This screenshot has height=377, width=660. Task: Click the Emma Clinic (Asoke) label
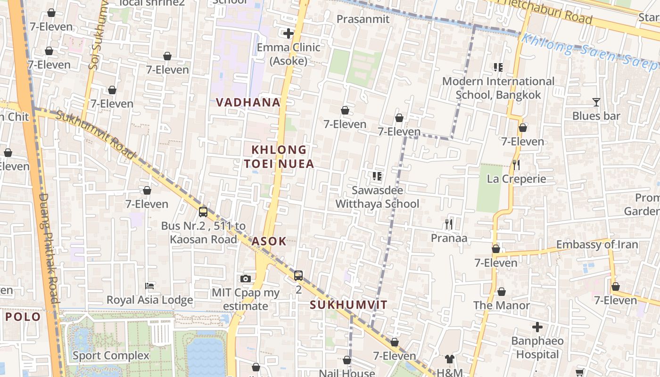288,54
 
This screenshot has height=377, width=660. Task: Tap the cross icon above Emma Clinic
288,33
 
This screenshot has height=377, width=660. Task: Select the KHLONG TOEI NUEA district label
279,157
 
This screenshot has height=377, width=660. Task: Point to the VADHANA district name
248,102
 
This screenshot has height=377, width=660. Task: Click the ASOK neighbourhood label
269,241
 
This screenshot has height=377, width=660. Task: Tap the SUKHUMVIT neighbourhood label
348,305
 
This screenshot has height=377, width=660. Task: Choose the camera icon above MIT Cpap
245,279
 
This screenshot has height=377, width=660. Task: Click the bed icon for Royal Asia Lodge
149,286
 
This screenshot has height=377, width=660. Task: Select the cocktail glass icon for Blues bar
596,102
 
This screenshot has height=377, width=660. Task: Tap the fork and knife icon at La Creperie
516,165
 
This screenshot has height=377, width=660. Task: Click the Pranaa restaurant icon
449,224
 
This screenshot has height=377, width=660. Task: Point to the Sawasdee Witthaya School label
377,197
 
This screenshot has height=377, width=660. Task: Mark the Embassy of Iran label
597,245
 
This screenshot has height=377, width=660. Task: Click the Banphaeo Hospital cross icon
537,327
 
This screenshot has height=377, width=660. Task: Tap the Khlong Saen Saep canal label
589,52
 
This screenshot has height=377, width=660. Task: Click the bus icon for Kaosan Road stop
203,212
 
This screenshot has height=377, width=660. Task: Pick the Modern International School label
498,88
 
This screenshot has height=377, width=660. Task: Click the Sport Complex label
111,355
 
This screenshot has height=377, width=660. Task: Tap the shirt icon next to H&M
449,359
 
